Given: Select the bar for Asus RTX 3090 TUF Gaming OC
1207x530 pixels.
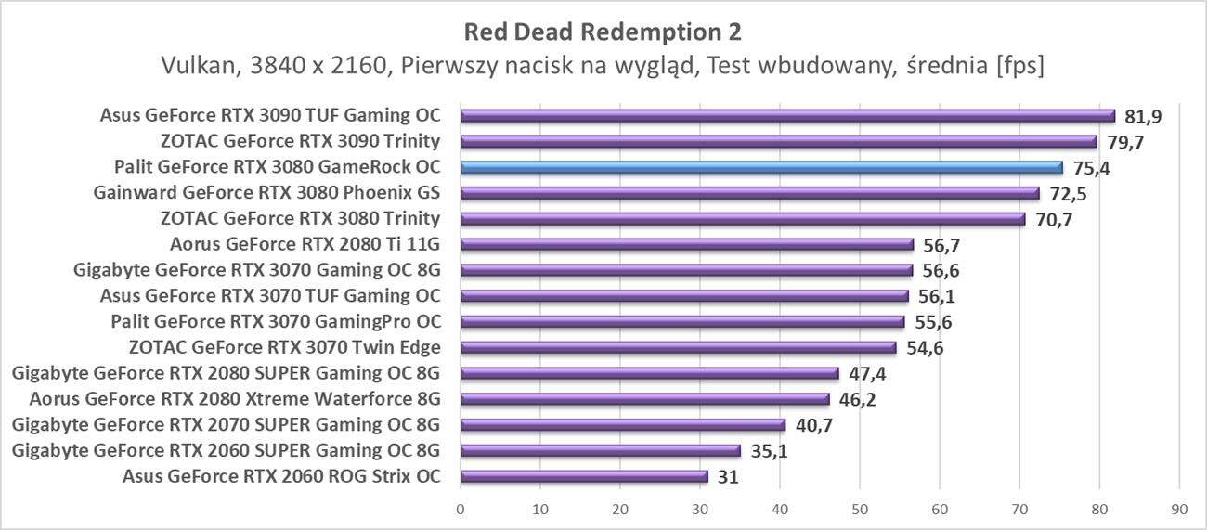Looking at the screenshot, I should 787,116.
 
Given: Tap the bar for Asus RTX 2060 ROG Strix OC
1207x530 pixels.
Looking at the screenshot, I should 584,477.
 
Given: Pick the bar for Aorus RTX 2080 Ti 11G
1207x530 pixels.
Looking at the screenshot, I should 687,245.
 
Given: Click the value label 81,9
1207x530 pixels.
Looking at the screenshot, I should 1143,116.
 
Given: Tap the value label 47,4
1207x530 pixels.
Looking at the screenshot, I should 867,374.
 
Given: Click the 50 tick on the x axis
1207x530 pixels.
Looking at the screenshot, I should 860,509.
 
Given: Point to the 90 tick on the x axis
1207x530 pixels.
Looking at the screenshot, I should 1179,509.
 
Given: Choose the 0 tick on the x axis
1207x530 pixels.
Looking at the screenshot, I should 461,509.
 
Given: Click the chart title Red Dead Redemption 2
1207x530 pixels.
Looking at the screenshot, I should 603,32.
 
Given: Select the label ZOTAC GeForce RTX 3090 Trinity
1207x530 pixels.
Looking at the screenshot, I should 300,142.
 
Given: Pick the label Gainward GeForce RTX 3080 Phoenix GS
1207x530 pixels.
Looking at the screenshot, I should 266,194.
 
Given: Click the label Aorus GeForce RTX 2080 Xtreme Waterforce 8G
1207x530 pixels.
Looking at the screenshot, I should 234,400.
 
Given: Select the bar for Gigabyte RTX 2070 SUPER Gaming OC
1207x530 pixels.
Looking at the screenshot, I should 623,425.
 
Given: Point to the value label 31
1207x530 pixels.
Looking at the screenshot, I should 729,477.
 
